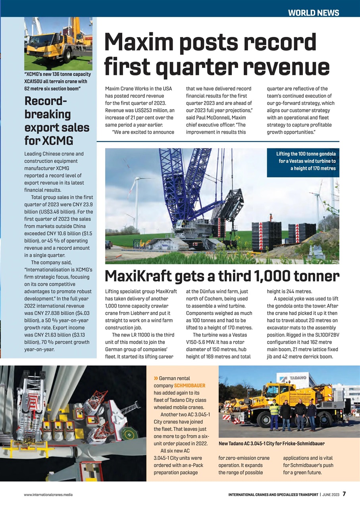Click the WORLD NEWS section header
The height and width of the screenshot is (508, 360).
(x=313, y=13)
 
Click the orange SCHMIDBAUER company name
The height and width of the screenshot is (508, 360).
(x=190, y=385)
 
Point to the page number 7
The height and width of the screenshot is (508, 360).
(x=344, y=494)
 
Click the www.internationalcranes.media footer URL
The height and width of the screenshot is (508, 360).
(x=48, y=495)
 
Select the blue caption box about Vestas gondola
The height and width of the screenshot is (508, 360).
(x=303, y=161)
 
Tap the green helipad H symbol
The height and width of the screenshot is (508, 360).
(x=128, y=433)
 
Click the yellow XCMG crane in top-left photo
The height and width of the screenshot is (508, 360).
(x=56, y=44)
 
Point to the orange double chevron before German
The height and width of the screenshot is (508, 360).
(x=156, y=379)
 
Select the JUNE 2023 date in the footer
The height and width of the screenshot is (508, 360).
(x=330, y=495)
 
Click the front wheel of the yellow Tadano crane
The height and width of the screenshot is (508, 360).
(x=263, y=419)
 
